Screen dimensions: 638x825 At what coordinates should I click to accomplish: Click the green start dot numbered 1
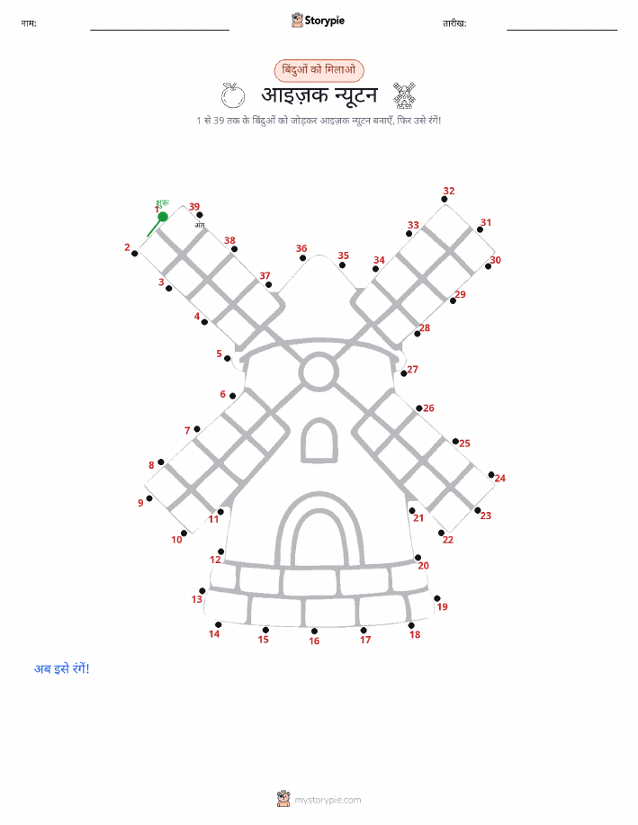click(x=163, y=216)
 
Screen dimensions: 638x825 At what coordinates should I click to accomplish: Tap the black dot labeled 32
click(x=445, y=200)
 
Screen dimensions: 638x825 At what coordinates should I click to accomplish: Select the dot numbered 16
click(x=314, y=631)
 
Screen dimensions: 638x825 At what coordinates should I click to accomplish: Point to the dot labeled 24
click(x=491, y=475)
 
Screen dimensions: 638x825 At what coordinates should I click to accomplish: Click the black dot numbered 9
click(x=149, y=498)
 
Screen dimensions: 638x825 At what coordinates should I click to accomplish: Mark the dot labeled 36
click(x=302, y=258)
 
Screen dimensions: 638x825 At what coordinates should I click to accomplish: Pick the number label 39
click(x=194, y=207)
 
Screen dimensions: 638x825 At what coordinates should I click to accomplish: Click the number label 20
click(x=423, y=566)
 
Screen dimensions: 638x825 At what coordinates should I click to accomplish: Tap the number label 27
click(x=413, y=370)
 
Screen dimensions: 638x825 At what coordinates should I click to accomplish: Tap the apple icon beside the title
click(x=233, y=95)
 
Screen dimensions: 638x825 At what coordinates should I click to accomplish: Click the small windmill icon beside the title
click(x=404, y=95)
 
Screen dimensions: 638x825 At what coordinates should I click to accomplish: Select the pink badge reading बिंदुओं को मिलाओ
click(x=319, y=70)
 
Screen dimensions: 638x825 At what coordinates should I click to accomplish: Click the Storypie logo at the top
click(x=318, y=21)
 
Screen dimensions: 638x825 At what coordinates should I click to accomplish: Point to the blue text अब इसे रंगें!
click(x=61, y=668)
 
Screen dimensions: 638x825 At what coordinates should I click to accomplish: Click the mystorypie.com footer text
click(x=328, y=801)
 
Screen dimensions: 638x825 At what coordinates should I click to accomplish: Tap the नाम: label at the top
click(x=29, y=23)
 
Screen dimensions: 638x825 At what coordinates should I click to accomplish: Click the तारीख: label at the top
click(x=454, y=23)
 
